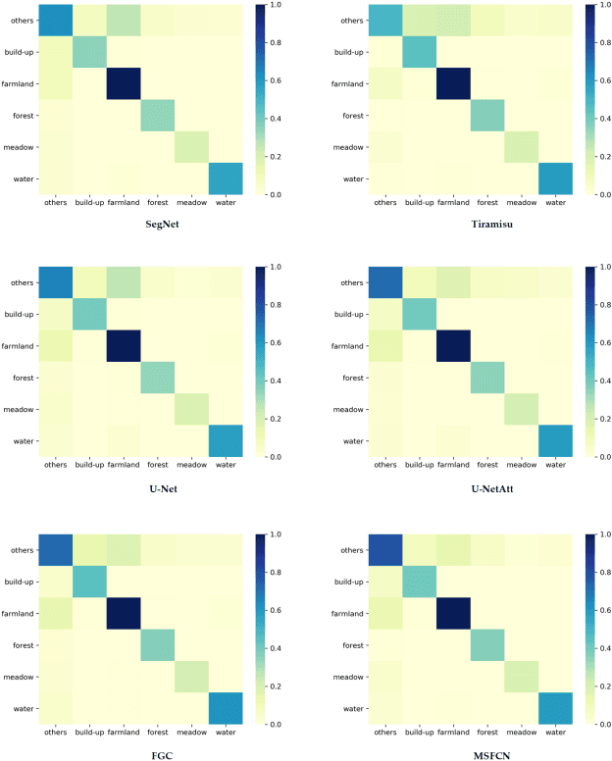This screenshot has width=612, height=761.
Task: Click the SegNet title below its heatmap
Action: click(x=146, y=225)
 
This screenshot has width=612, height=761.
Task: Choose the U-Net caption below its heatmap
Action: click(x=146, y=487)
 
